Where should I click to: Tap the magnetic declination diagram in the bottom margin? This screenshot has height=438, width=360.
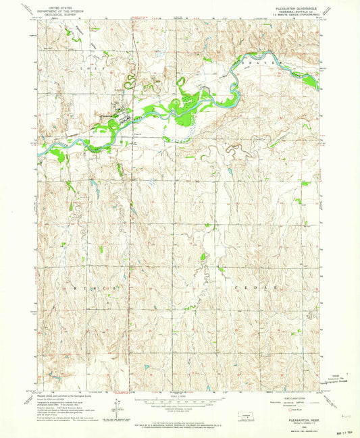point(117,408)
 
